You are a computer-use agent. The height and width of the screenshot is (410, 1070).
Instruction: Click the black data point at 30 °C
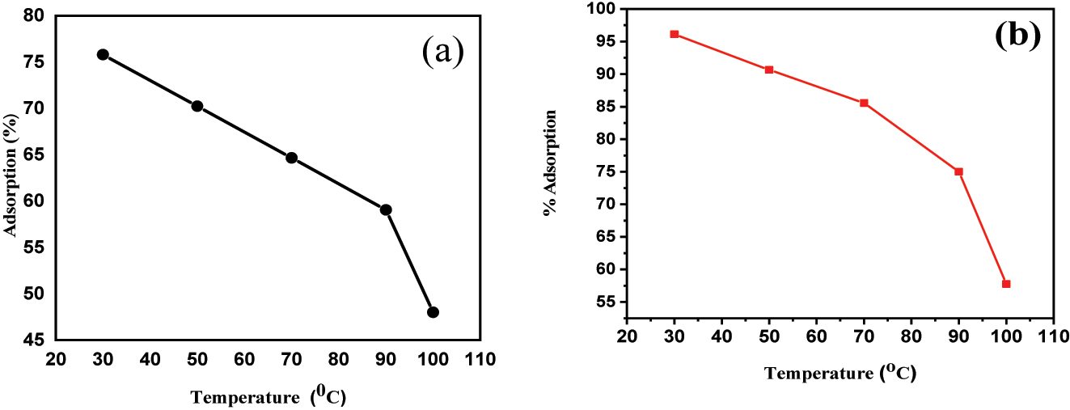[103, 54]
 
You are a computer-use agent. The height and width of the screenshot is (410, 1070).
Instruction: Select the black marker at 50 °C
[197, 106]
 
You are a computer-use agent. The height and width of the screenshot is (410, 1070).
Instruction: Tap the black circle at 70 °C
[291, 158]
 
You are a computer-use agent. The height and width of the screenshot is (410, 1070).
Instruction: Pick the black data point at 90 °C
[386, 209]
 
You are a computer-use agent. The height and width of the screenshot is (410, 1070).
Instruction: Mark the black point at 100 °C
[433, 312]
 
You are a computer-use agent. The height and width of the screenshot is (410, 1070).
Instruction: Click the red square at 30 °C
[674, 34]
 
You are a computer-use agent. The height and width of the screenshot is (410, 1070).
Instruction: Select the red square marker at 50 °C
[769, 70]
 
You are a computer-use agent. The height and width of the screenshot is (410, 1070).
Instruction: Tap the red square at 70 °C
[864, 103]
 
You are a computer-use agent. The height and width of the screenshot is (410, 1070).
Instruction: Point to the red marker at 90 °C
[958, 171]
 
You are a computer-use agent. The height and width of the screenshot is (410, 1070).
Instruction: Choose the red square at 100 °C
[1006, 284]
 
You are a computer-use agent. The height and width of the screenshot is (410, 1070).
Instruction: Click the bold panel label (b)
[1017, 36]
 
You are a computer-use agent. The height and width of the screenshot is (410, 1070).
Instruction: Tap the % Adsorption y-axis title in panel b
[551, 163]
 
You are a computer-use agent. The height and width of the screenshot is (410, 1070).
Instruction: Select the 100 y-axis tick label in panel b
[603, 9]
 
